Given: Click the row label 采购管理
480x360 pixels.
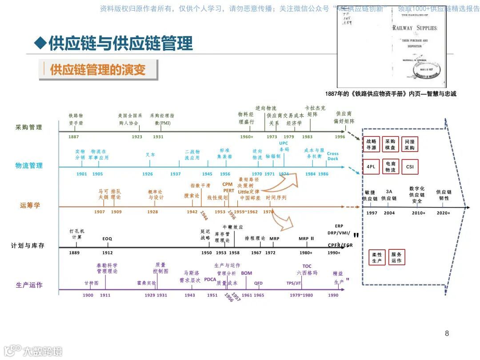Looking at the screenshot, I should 29,128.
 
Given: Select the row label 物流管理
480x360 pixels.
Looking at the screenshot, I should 29,166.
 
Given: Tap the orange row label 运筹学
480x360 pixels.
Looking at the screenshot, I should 30,205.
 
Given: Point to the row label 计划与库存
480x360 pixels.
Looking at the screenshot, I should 28,245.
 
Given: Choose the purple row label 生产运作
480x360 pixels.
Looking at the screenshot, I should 29,285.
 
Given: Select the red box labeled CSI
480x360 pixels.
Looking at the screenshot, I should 409,167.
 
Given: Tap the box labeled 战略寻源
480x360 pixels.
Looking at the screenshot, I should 371,144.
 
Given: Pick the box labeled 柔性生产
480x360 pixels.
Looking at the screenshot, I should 377,258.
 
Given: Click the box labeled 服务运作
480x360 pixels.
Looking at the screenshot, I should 396,258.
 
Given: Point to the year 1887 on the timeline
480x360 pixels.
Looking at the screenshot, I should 74,137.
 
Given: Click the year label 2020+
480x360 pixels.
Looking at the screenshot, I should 443,213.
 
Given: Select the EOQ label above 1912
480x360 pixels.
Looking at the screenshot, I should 107,239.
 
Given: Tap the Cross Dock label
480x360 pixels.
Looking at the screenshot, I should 332,156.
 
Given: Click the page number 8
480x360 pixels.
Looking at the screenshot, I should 447,333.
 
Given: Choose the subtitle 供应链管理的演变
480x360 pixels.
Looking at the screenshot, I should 98,70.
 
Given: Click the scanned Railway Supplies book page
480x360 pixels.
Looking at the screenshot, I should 392,48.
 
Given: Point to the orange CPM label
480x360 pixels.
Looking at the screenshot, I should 228,184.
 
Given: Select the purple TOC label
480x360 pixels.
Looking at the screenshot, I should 307,266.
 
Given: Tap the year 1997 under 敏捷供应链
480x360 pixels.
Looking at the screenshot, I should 372,213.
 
